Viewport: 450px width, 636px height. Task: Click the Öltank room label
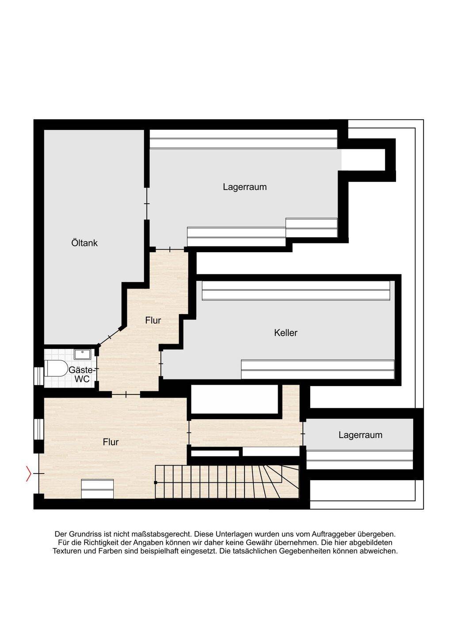click(84, 243)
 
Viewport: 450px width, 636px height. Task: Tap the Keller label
click(286, 333)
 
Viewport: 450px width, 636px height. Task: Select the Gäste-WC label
click(81, 375)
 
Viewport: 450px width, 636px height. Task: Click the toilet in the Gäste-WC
click(56, 368)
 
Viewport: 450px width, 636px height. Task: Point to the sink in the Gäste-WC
click(82, 354)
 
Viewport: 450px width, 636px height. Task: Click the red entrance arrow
click(28, 473)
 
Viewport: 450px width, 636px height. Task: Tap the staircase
click(227, 481)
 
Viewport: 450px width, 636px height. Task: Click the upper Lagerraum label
click(244, 187)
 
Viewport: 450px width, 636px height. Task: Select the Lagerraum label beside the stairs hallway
click(360, 435)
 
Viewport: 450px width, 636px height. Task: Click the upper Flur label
click(153, 321)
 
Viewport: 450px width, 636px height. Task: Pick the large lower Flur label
click(111, 442)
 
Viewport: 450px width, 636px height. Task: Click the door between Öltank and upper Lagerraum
click(147, 204)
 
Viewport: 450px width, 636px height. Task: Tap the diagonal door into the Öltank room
click(109, 337)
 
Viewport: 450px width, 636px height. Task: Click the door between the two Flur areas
click(126, 394)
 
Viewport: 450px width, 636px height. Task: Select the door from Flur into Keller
click(161, 364)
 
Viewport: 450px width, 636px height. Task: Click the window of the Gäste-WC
click(38, 376)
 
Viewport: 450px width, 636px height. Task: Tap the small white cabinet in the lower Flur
click(97, 489)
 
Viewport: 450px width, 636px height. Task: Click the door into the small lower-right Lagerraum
click(303, 434)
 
